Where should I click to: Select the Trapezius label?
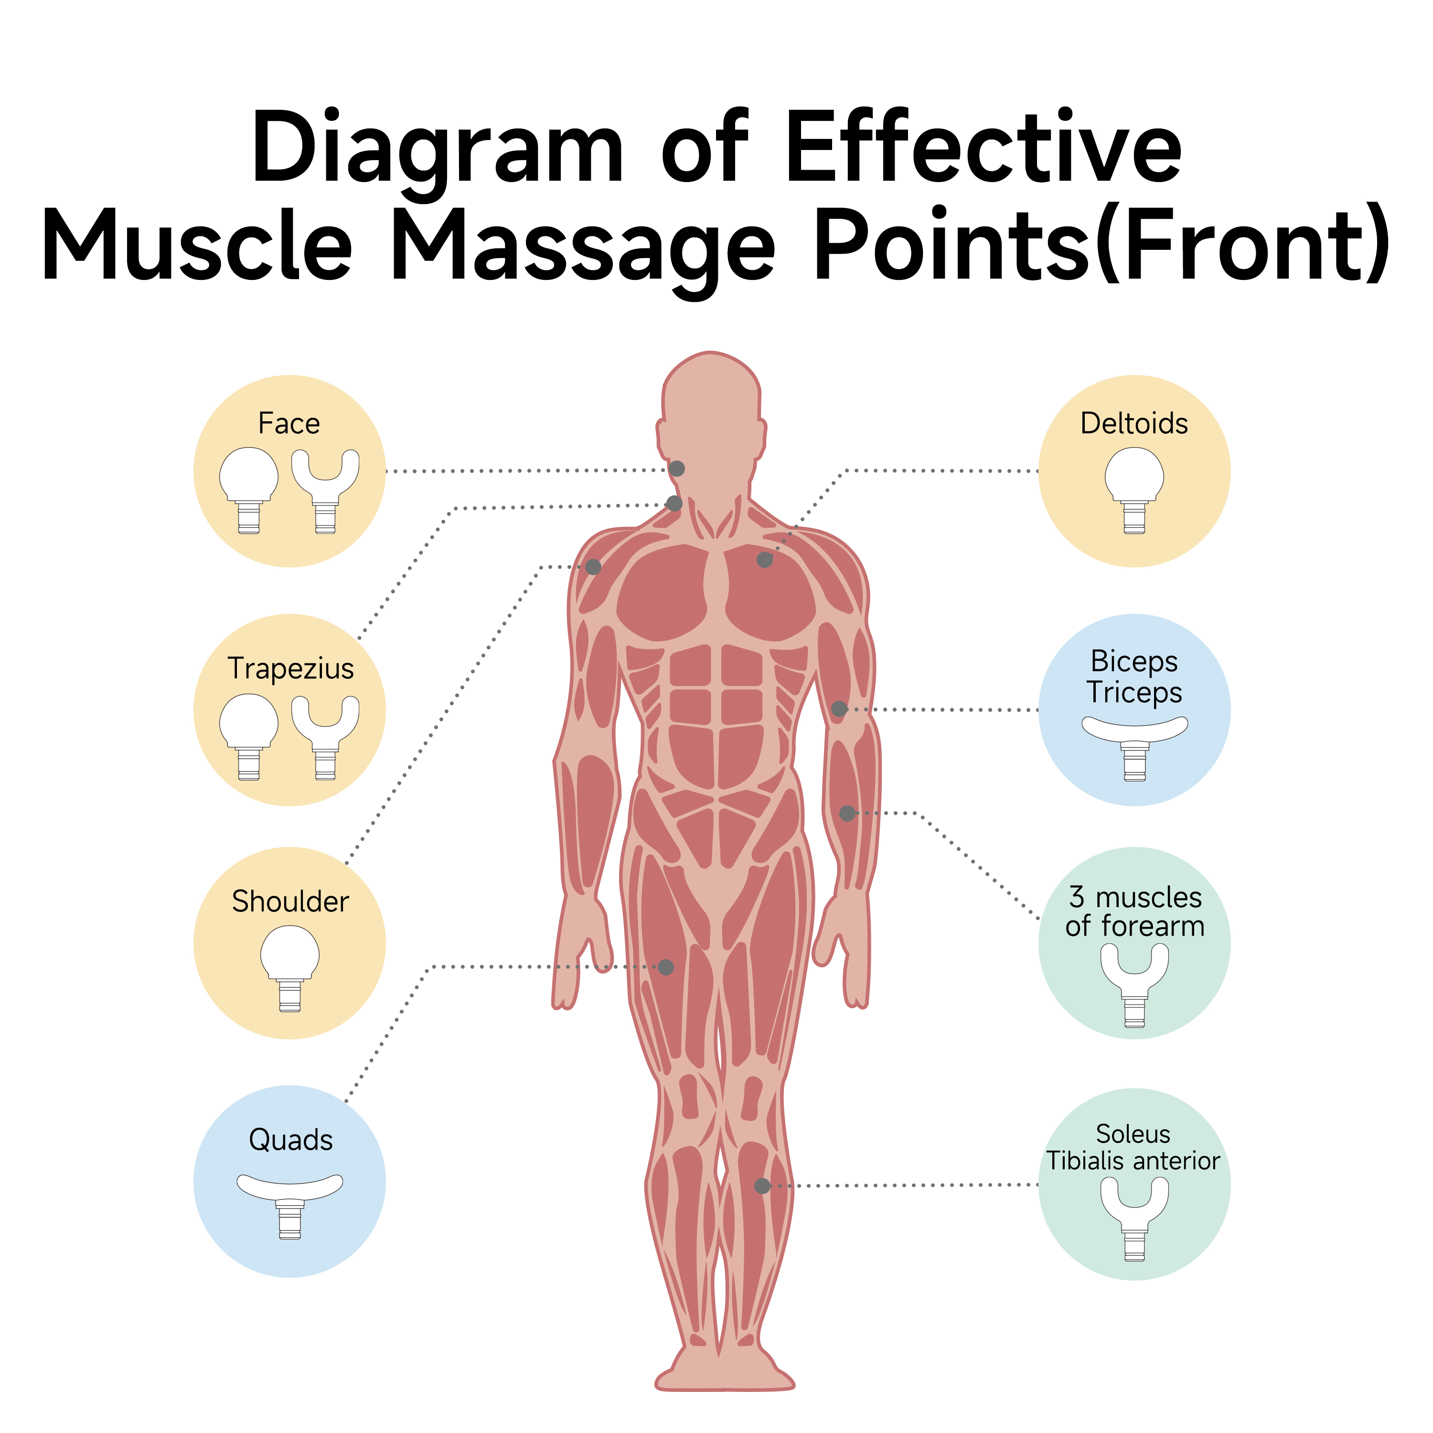coord(290,668)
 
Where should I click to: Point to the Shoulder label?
coord(290,902)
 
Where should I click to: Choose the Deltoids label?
coord(1134,424)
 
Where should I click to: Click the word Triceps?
coord(1134,693)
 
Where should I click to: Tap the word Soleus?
coord(1133,1134)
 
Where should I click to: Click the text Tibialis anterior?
coord(1133,1161)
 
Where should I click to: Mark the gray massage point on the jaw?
coord(676,469)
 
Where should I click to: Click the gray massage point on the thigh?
coord(666,967)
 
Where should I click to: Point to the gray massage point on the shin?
coord(762,1186)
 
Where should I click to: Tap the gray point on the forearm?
coord(847,813)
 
